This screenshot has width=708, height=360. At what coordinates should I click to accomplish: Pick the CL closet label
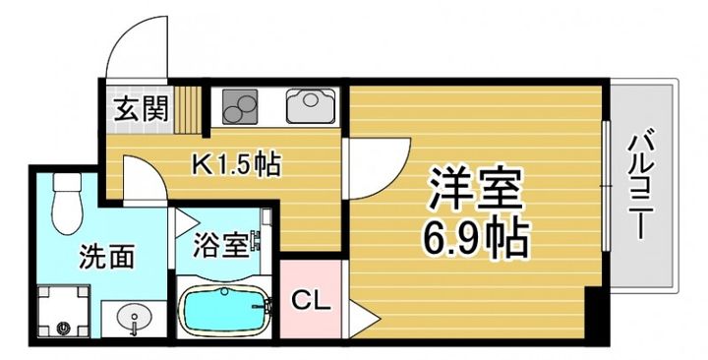311,299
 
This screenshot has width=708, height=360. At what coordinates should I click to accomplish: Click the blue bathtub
224,312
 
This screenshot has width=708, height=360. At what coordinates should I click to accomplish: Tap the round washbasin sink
135,318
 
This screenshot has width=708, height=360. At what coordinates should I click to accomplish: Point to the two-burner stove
239,103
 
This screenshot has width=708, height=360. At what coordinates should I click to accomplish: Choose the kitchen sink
310,103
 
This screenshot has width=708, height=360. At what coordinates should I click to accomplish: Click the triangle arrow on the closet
360,319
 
